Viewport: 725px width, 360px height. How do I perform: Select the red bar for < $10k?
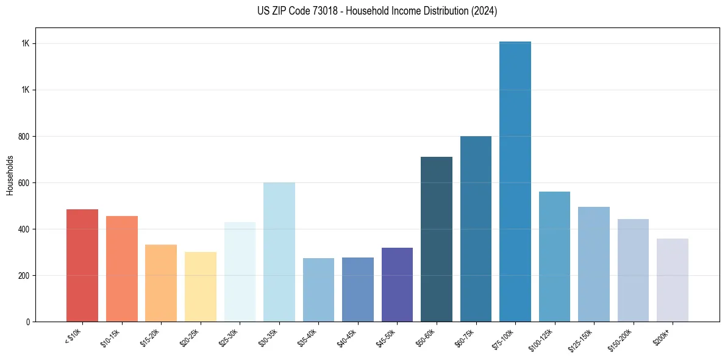tap(82, 265)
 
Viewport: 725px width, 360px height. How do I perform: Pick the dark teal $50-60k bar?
tap(437, 239)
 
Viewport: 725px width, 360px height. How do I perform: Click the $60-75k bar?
tap(476, 229)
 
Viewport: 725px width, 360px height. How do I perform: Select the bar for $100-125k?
tap(554, 256)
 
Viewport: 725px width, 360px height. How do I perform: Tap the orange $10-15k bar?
tap(122, 268)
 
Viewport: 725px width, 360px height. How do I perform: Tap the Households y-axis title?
tap(10, 175)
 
